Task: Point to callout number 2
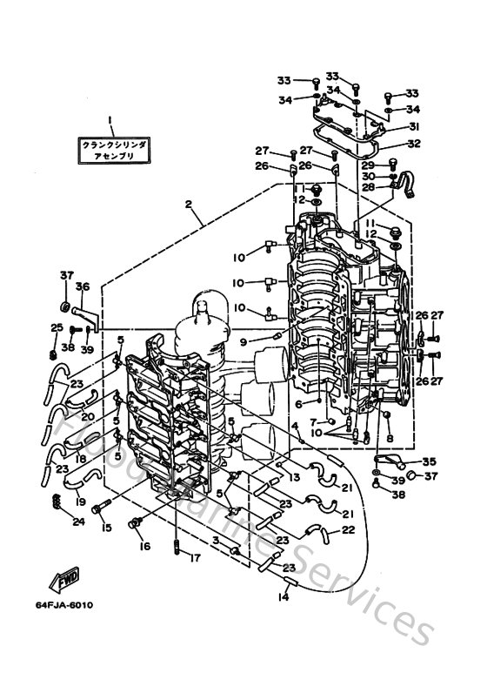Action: pyautogui.click(x=188, y=205)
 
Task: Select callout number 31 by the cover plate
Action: pyautogui.click(x=414, y=126)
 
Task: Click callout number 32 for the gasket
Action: pyautogui.click(x=414, y=144)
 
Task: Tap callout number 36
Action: pyautogui.click(x=83, y=286)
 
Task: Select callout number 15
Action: pyautogui.click(x=107, y=528)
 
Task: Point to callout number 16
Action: pyautogui.click(x=143, y=547)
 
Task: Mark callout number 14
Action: pyautogui.click(x=281, y=597)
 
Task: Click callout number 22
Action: pyautogui.click(x=348, y=529)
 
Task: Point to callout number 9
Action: pyautogui.click(x=244, y=341)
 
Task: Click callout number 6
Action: pyautogui.click(x=299, y=405)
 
